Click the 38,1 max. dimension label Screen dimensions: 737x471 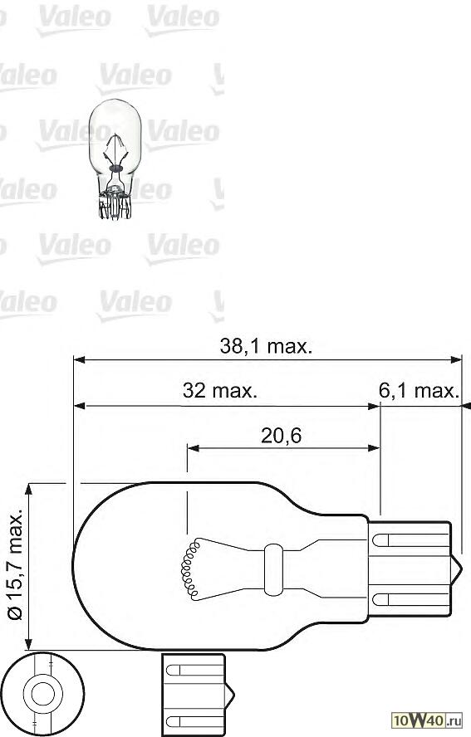[266, 347]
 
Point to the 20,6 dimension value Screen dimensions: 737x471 [281, 434]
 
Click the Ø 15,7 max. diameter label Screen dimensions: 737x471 [15, 564]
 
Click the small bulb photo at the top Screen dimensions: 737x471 [117, 158]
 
